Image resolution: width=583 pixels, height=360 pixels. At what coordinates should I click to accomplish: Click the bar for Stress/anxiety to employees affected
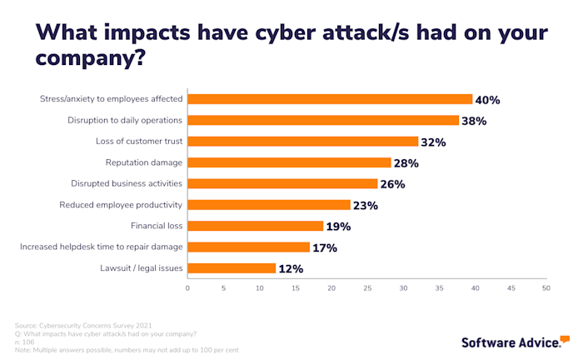(330, 99)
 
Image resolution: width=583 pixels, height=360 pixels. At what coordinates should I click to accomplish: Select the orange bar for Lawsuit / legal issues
(232, 268)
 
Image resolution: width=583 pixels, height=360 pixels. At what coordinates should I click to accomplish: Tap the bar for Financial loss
(256, 226)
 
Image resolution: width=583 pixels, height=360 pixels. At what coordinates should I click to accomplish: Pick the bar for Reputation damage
(289, 162)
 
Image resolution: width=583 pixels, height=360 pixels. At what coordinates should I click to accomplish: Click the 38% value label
(474, 121)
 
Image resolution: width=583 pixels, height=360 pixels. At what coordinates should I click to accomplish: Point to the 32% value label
(433, 142)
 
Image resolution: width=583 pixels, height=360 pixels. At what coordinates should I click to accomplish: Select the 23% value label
(366, 205)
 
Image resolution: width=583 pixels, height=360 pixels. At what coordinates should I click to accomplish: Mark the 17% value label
(324, 247)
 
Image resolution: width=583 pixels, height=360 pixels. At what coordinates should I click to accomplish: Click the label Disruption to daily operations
(125, 120)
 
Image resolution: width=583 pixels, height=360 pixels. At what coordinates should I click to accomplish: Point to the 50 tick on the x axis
(546, 288)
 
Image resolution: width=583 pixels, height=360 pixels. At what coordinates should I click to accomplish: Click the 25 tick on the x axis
(366, 288)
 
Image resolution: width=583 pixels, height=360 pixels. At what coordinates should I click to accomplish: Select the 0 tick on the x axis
(187, 288)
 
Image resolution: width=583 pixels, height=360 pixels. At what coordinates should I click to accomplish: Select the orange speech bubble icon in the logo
(565, 337)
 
